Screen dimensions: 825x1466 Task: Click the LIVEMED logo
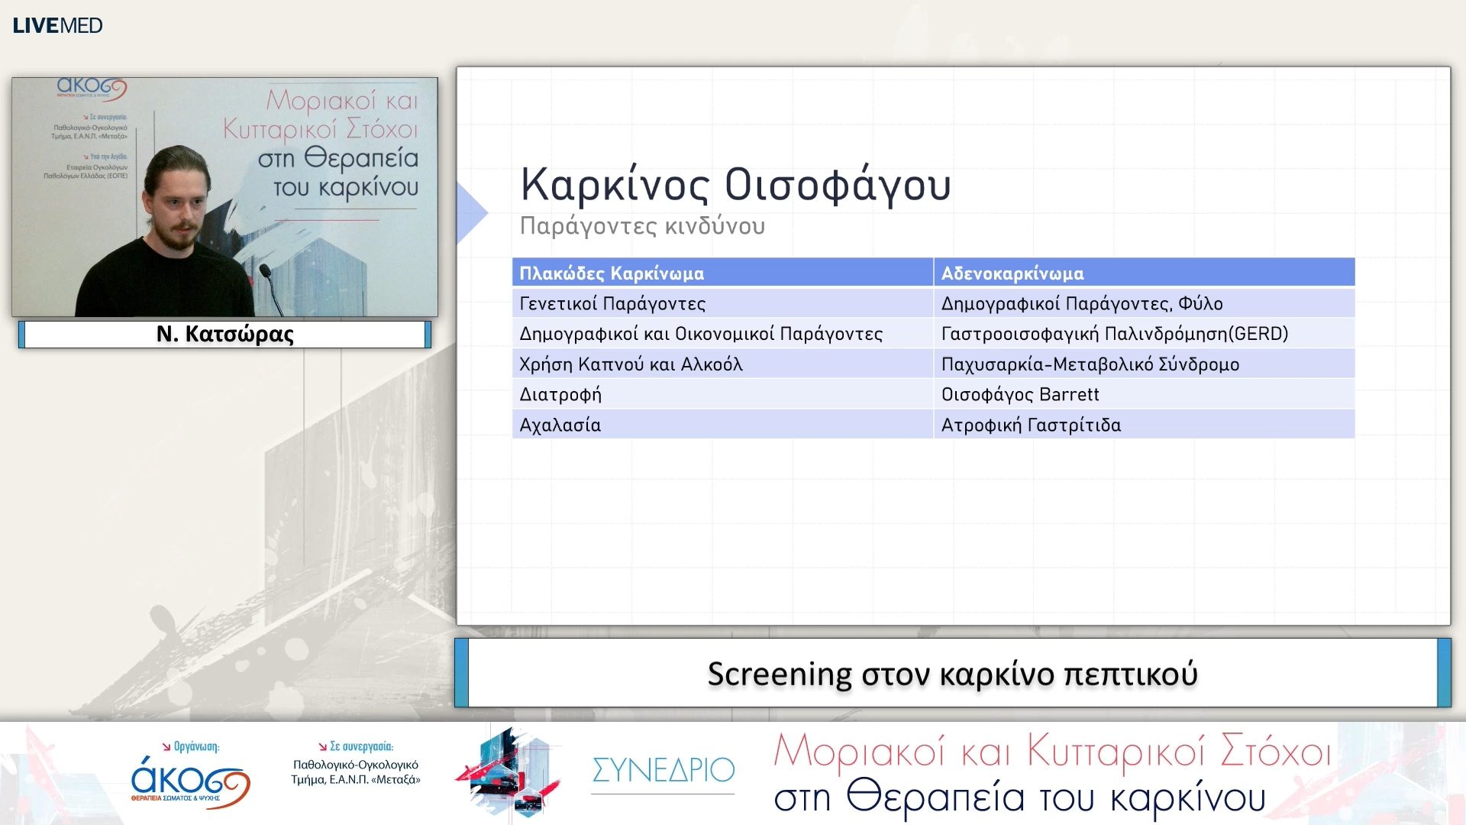pyautogui.click(x=57, y=25)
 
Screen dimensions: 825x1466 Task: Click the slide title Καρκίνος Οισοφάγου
pyautogui.click(x=735, y=185)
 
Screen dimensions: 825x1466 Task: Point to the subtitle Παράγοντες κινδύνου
pyautogui.click(x=642, y=226)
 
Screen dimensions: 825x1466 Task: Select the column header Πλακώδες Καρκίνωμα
pyautogui.click(x=612, y=273)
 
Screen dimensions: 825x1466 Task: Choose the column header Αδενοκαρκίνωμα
pyautogui.click(x=1012, y=273)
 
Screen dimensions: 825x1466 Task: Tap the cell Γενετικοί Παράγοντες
pyautogui.click(x=612, y=303)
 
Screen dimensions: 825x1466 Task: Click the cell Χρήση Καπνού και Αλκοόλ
pyautogui.click(x=631, y=364)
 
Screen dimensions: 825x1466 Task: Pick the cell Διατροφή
pyautogui.click(x=560, y=395)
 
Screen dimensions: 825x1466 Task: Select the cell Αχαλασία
pyautogui.click(x=560, y=425)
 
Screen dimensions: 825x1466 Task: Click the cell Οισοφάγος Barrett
pyautogui.click(x=1019, y=395)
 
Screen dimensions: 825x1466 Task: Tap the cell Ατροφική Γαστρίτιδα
pyautogui.click(x=1031, y=425)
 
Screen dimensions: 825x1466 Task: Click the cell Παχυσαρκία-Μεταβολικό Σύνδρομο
pyautogui.click(x=1090, y=364)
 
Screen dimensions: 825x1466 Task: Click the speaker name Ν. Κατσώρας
pyautogui.click(x=224, y=334)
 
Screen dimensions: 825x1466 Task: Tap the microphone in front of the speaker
pyautogui.click(x=265, y=271)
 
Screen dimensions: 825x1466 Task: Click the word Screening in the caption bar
pyautogui.click(x=779, y=674)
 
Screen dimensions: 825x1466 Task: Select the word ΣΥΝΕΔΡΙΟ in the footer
pyautogui.click(x=663, y=770)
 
